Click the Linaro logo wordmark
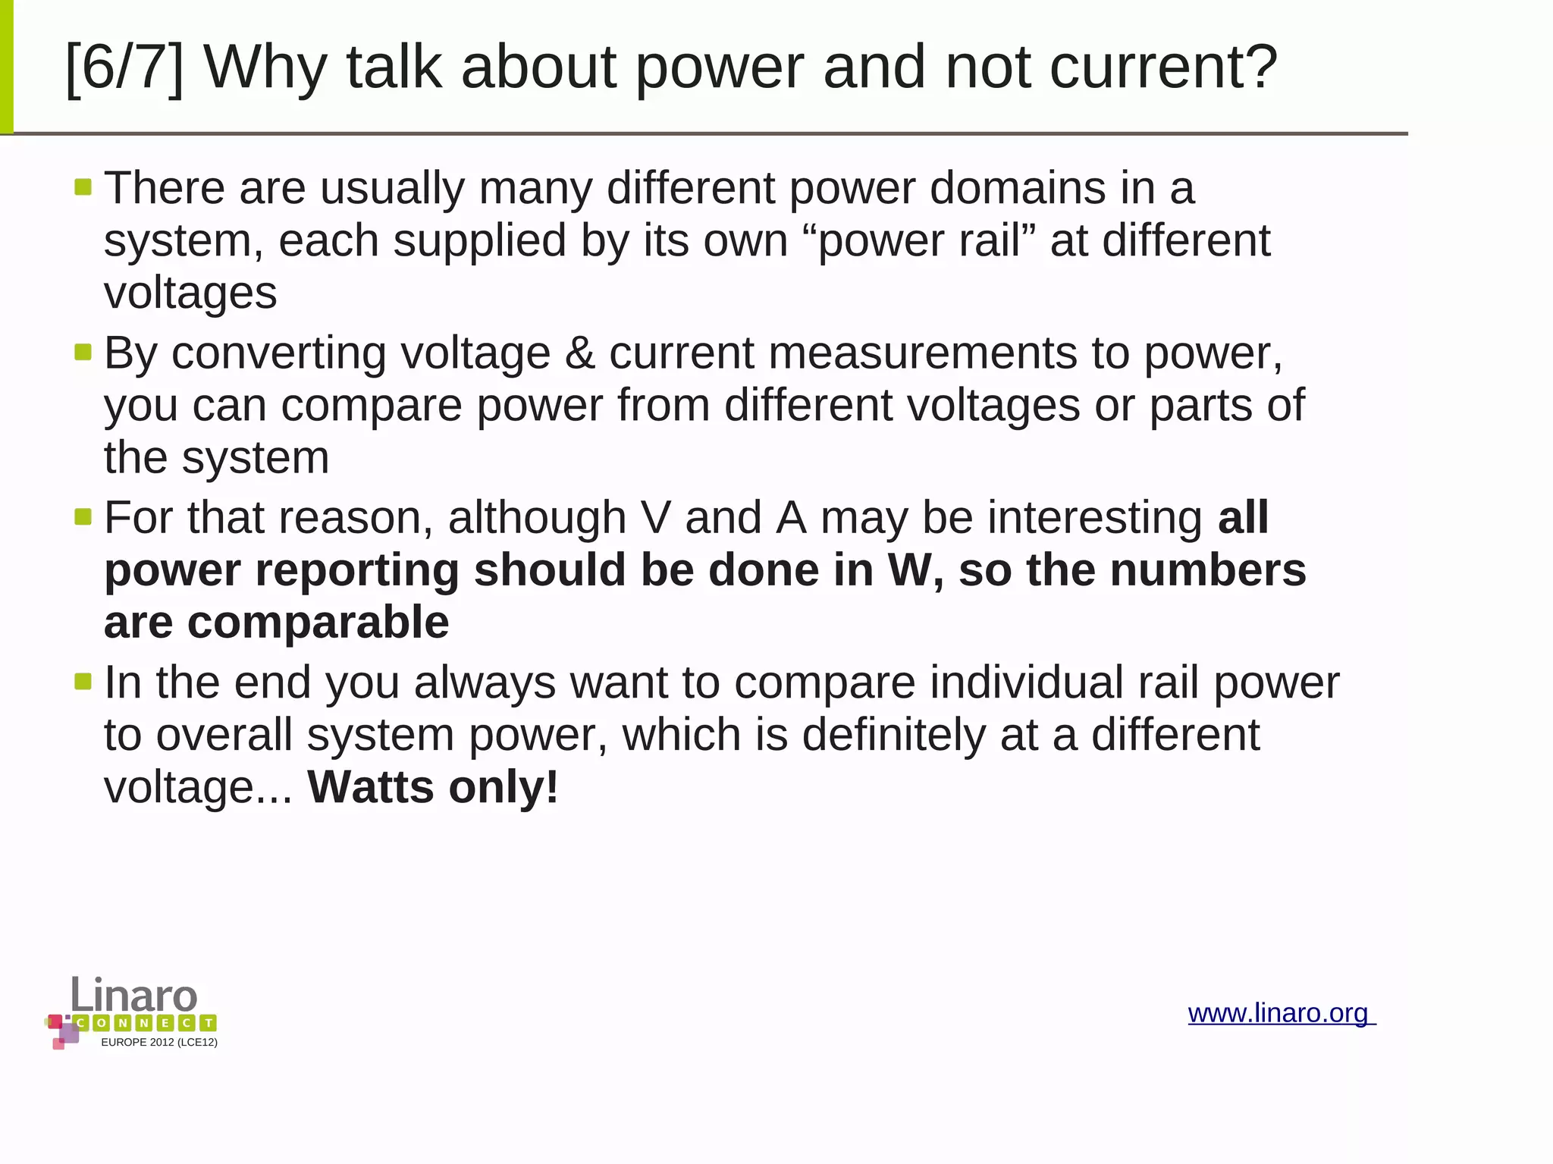click(x=134, y=995)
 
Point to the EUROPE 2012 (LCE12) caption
click(x=159, y=1042)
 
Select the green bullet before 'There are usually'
click(x=83, y=187)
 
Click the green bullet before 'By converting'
click(x=83, y=352)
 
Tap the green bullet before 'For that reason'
click(x=83, y=517)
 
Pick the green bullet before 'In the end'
click(x=83, y=682)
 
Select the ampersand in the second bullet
click(x=579, y=353)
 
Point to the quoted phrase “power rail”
click(x=919, y=241)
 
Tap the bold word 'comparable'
click(x=318, y=623)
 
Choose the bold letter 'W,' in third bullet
click(x=915, y=570)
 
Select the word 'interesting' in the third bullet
click(x=1094, y=518)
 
